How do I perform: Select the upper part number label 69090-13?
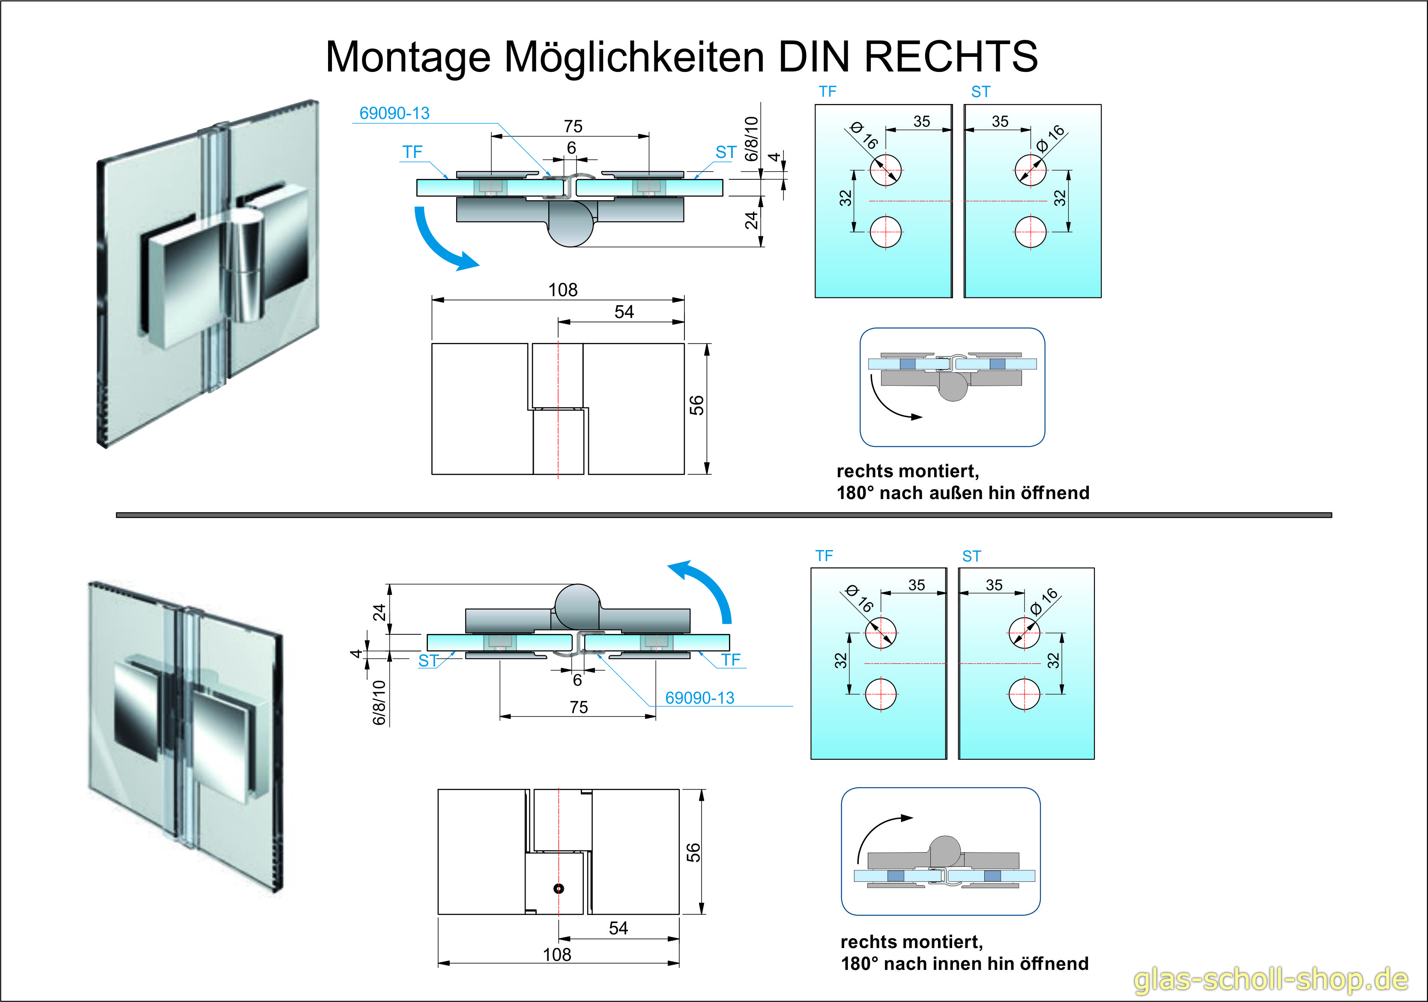[394, 113]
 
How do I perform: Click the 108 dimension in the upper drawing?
[562, 290]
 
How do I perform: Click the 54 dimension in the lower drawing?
[618, 928]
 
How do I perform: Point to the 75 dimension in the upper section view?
[573, 126]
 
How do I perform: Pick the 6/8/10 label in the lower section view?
[379, 702]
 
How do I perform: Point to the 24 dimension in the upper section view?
[751, 220]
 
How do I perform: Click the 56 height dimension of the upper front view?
[696, 405]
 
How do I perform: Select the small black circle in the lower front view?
[559, 888]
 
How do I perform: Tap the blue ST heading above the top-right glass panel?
[980, 92]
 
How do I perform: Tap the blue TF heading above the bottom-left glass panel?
[824, 556]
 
